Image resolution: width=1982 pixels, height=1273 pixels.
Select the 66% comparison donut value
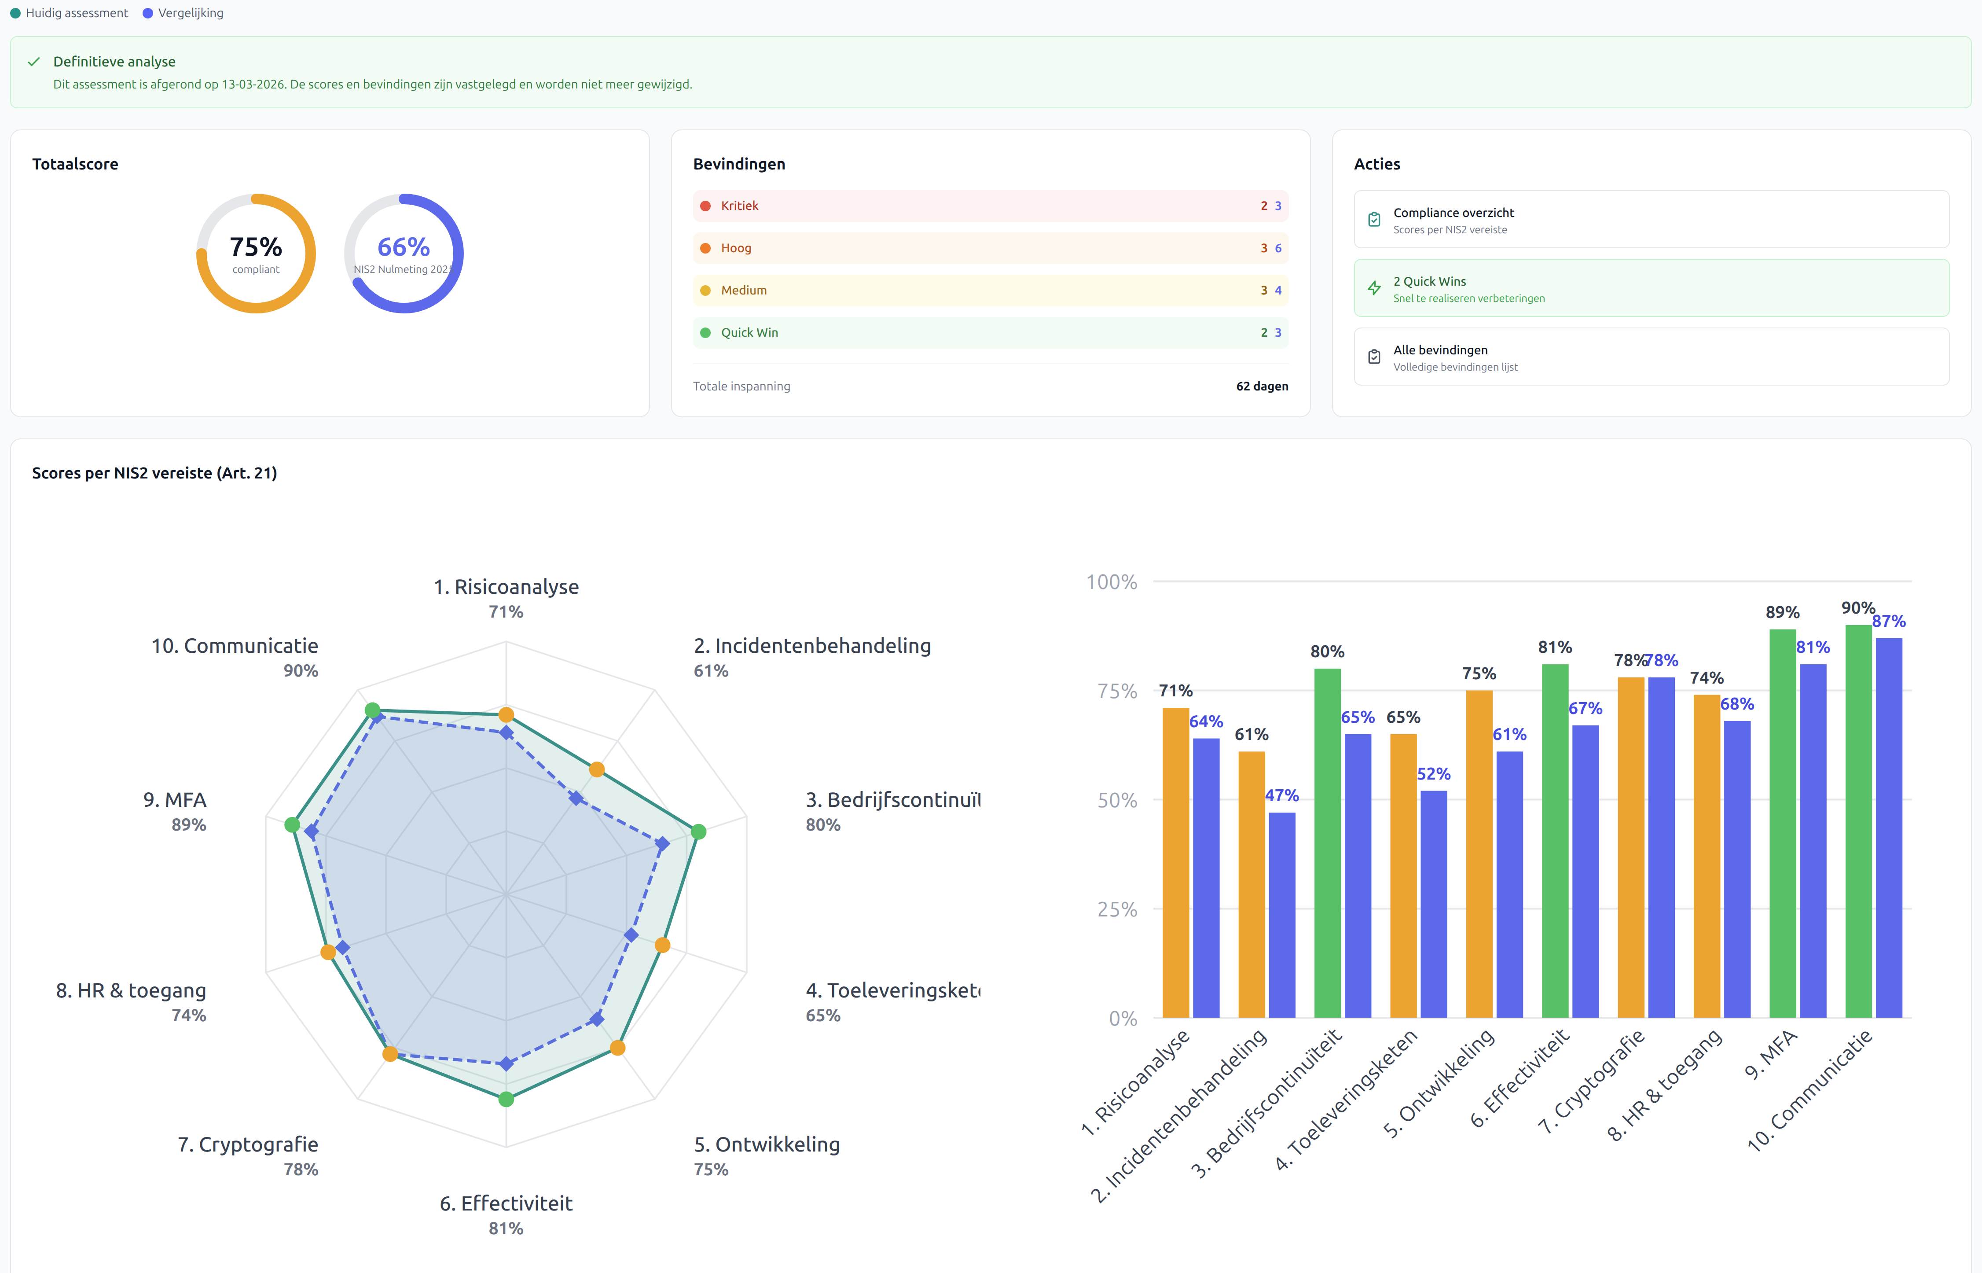point(403,247)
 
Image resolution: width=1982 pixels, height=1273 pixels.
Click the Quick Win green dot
point(705,332)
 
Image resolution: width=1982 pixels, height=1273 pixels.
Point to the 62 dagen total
point(1262,386)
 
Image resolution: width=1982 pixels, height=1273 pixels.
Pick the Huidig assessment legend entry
point(76,13)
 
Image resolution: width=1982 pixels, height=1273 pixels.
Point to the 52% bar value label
point(1433,774)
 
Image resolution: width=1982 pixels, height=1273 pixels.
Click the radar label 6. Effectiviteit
point(506,1203)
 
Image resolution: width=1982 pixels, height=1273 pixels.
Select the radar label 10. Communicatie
point(235,646)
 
